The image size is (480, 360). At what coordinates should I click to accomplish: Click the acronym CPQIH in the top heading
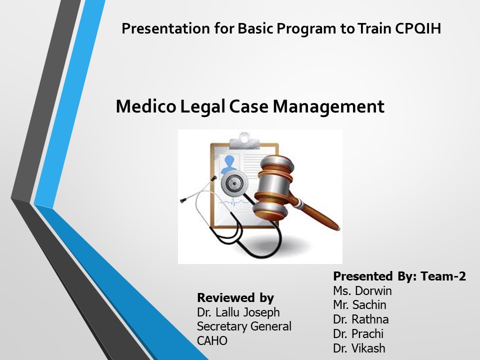pos(417,28)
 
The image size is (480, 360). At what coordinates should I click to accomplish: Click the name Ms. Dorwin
pos(362,291)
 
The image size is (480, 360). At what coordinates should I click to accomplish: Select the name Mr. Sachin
pos(359,305)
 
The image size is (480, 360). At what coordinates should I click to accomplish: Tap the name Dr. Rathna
pos(360,319)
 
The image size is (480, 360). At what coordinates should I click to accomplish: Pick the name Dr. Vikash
pos(359,348)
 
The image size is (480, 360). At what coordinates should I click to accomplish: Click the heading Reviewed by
pos(235,298)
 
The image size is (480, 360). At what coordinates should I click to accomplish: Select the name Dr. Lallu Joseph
pos(238,312)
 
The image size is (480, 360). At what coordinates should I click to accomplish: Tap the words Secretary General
pos(244,326)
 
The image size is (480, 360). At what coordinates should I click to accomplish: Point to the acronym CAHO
pos(212,341)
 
